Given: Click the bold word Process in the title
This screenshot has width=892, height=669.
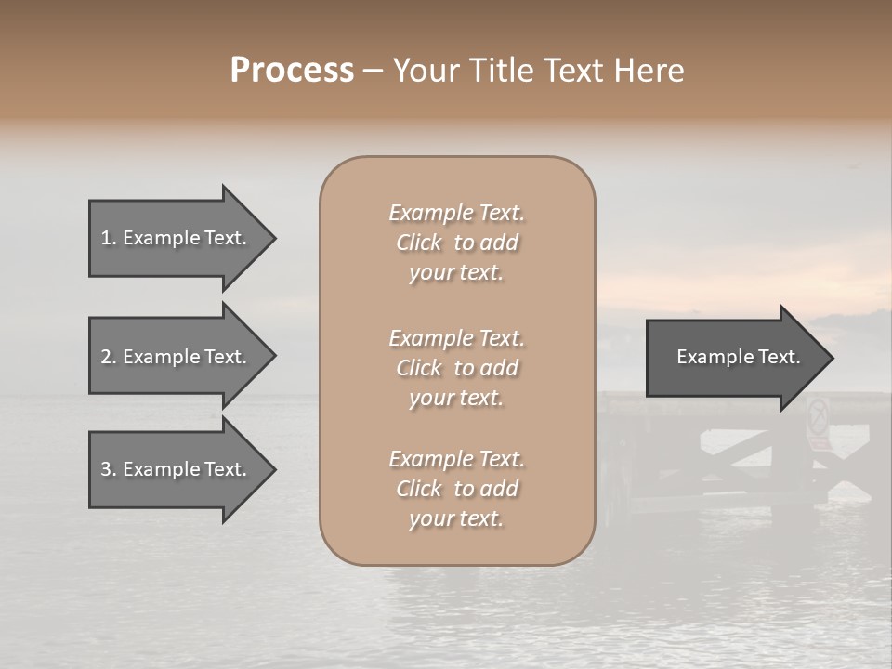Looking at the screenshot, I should pos(292,71).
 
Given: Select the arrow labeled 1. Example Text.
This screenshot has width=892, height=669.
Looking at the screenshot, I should pos(177,238).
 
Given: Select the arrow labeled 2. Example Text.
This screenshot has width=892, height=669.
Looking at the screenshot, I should pos(177,357).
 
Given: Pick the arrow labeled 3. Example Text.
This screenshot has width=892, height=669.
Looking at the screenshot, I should pos(177,469).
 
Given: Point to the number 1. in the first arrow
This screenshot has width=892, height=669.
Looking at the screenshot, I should pos(108,238).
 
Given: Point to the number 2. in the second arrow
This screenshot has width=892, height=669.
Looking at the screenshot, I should pos(108,357).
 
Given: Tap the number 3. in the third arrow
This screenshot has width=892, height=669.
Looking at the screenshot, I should pos(108,469).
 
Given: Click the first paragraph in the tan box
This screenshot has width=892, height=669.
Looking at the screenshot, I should pos(456,243).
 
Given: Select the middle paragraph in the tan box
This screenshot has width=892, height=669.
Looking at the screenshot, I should pos(456,368).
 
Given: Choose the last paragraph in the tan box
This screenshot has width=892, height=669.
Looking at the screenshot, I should pos(456,489).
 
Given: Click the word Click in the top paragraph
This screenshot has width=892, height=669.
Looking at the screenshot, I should pos(419,243).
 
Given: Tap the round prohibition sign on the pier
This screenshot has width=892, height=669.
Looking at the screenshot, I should pos(819,413).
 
